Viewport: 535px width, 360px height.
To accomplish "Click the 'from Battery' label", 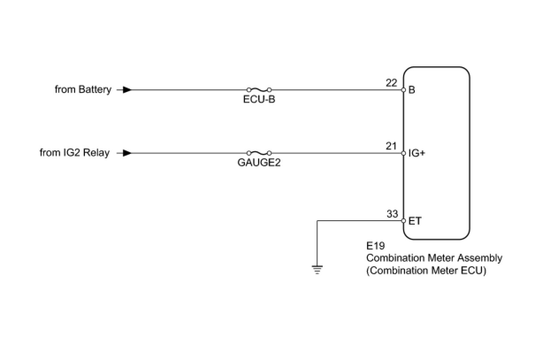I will coord(83,90).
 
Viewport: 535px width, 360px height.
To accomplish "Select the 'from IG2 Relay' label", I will coord(74,153).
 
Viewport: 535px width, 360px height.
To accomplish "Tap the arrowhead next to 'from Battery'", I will coord(127,90).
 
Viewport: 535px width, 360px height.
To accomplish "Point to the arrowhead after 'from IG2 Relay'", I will coord(127,153).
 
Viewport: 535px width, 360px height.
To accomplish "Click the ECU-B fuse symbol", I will coord(259,89).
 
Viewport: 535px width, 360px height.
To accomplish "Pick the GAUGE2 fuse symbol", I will coord(259,153).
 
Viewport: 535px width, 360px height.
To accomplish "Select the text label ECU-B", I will coord(259,100).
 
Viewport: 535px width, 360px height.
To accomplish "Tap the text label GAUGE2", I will coord(259,163).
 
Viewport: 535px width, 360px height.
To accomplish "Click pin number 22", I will coord(391,83).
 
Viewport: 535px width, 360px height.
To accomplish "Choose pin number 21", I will coord(391,146).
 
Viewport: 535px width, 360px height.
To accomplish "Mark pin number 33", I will coord(392,214).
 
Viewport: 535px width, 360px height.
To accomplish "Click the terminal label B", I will coord(412,90).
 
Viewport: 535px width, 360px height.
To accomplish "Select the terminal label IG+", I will coord(417,153).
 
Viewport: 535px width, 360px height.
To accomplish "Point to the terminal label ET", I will coord(415,221).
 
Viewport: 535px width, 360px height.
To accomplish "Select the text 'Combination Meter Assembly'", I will coord(434,258).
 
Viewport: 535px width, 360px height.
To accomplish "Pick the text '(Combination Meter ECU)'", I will coord(426,271).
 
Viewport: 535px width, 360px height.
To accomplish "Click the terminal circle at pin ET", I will coord(403,221).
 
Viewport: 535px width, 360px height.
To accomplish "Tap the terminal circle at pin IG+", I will coord(403,153).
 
